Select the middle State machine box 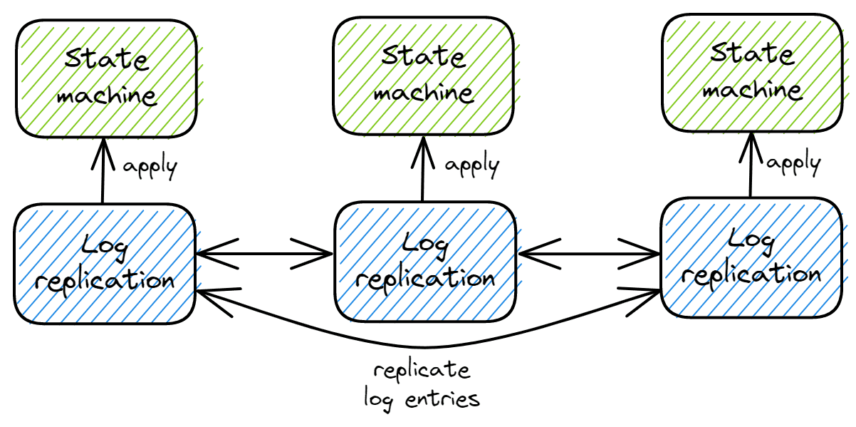tap(423, 76)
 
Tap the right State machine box tap(753, 74)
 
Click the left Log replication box tap(104, 263)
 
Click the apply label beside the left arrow tap(150, 168)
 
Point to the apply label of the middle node tap(472, 165)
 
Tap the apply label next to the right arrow tap(794, 163)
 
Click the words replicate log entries tap(422, 385)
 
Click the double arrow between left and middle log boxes tap(265, 253)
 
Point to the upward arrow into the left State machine tap(103, 171)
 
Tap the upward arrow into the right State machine tap(751, 165)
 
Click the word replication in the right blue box tap(756, 274)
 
